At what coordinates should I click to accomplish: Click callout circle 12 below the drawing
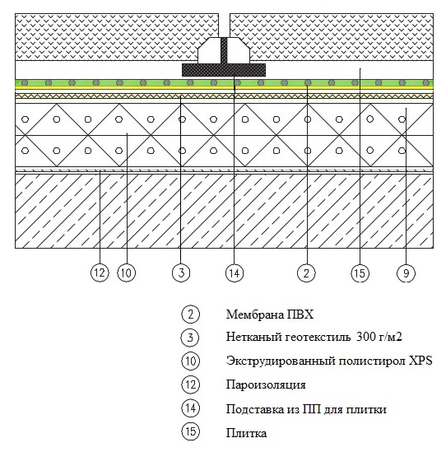pos(100,273)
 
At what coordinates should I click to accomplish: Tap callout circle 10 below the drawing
pos(126,273)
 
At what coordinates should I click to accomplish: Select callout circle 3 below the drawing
pos(181,273)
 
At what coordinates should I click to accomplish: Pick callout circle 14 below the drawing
pos(235,273)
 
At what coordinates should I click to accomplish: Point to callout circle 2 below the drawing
pos(306,273)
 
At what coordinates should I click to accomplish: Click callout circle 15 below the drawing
pos(360,273)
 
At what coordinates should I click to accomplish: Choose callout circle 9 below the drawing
pos(406,273)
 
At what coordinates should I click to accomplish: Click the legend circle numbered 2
pos(190,314)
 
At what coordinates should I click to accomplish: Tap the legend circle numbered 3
pos(190,338)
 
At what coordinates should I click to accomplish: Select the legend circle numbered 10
pos(190,361)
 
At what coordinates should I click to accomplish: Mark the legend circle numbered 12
pos(190,384)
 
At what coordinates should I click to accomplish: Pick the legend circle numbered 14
pos(190,408)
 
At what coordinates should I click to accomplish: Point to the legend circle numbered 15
pos(190,431)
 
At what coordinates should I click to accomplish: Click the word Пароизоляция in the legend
pos(266,385)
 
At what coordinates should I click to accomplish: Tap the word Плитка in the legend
pos(246,433)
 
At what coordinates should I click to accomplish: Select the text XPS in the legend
pos(421,361)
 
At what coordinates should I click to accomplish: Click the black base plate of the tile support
pos(224,70)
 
